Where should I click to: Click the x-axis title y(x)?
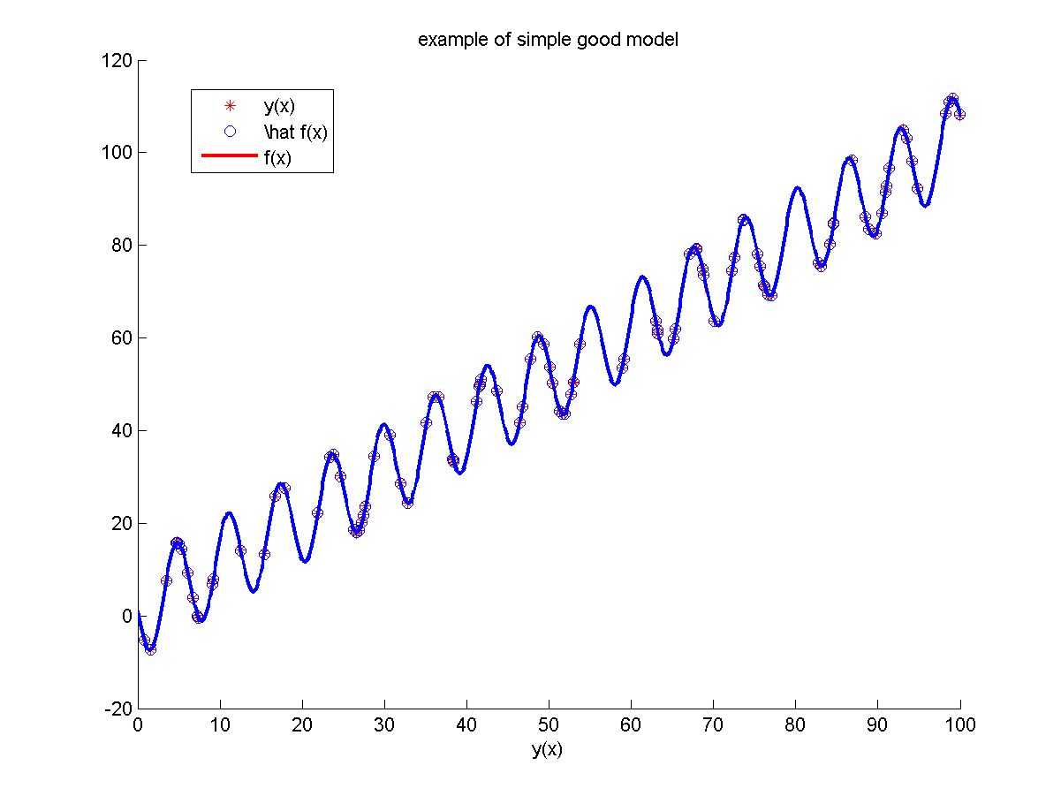548,750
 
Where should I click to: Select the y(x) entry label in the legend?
279,107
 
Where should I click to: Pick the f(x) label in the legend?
277,158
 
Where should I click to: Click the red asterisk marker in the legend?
231,107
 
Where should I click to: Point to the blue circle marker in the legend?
231,133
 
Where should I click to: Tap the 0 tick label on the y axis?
126,616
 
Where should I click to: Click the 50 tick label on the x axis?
549,725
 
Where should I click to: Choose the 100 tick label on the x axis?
959,725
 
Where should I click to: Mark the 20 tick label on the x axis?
302,725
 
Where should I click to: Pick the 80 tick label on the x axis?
795,725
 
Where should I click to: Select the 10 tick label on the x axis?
220,725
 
